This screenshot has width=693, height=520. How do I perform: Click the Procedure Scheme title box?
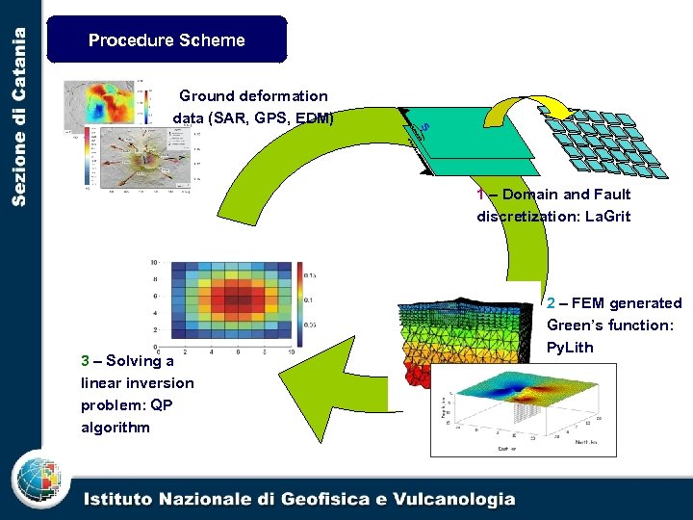click(x=167, y=39)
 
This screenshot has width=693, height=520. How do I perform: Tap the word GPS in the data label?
click(x=269, y=118)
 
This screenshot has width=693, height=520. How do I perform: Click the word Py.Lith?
click(x=570, y=347)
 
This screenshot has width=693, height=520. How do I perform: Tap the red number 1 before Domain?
click(x=480, y=194)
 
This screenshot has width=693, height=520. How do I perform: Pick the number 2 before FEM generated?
click(x=551, y=302)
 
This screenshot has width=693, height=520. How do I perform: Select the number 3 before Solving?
click(x=85, y=360)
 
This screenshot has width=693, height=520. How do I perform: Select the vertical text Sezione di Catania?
click(x=19, y=116)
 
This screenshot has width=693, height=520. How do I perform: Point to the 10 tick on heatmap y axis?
click(x=152, y=262)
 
